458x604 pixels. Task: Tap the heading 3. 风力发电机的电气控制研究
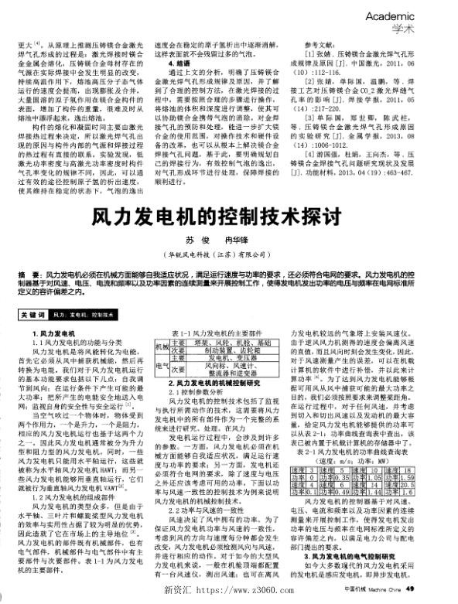click(356, 555)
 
